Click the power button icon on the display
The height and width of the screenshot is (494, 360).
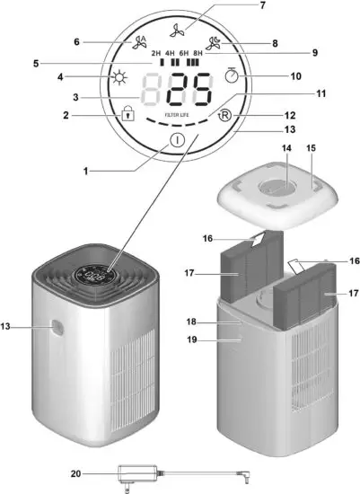click(176, 140)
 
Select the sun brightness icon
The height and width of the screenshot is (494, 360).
click(118, 78)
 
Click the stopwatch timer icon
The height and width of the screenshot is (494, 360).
click(232, 76)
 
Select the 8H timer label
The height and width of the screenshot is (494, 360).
click(198, 54)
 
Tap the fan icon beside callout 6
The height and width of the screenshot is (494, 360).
click(139, 40)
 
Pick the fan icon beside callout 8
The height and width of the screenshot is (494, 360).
click(216, 42)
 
